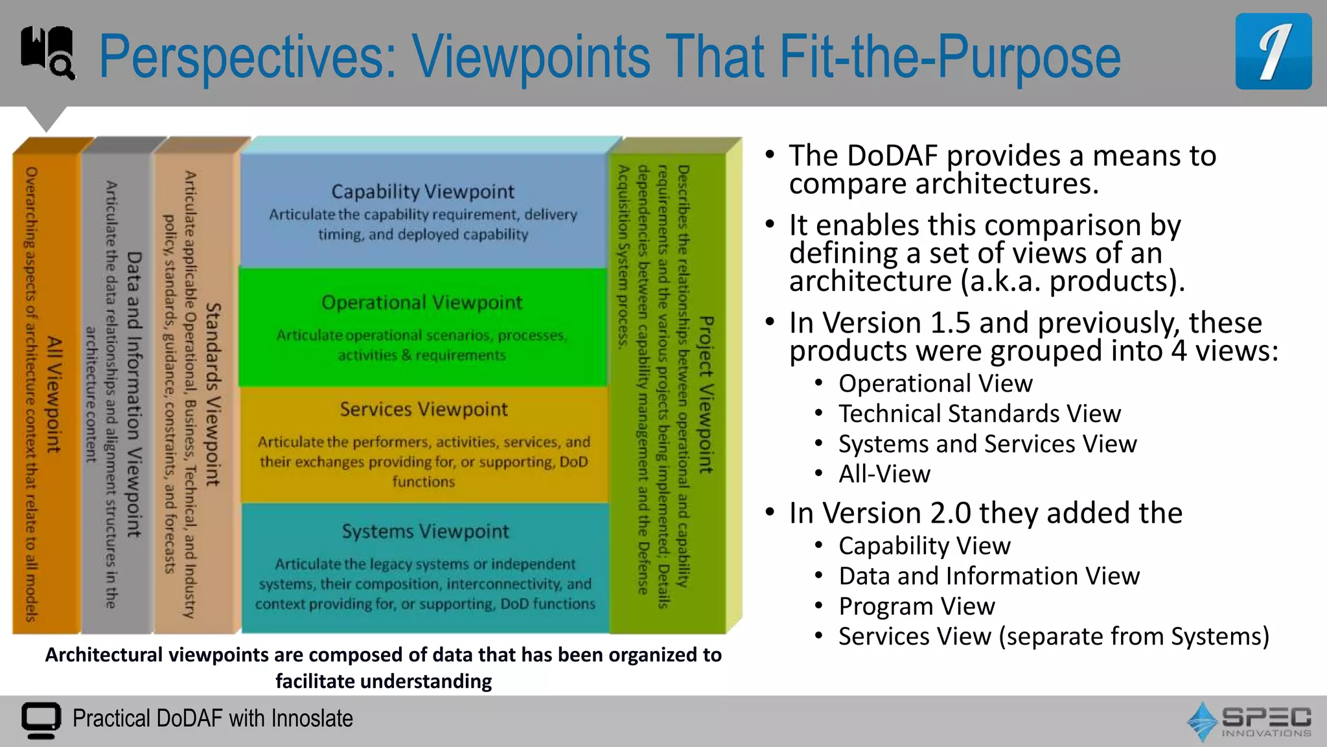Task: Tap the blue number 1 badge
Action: [x=1273, y=52]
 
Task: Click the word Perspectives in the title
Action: [x=246, y=58]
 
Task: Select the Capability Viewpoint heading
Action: [x=422, y=191]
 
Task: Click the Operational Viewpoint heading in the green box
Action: [x=422, y=302]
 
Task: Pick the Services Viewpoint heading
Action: [x=424, y=409]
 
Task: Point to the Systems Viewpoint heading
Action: [x=425, y=531]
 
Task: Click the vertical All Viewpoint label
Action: [x=54, y=394]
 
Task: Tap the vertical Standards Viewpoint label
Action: [x=213, y=394]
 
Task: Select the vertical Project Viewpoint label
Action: [x=706, y=394]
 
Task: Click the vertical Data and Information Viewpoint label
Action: [x=133, y=394]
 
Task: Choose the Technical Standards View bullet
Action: [x=979, y=414]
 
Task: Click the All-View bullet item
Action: [x=884, y=474]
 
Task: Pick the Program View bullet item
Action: [x=916, y=606]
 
